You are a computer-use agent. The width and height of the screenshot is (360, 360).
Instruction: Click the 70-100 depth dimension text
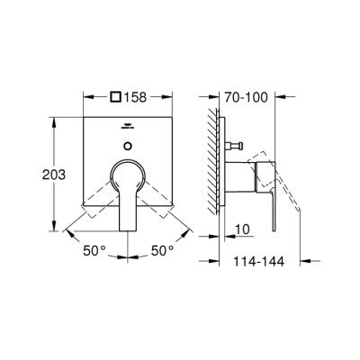coord(247,92)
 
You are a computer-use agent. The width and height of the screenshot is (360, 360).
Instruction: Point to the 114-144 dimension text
coord(255,263)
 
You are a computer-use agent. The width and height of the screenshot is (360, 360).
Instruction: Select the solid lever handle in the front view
coord(127,193)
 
